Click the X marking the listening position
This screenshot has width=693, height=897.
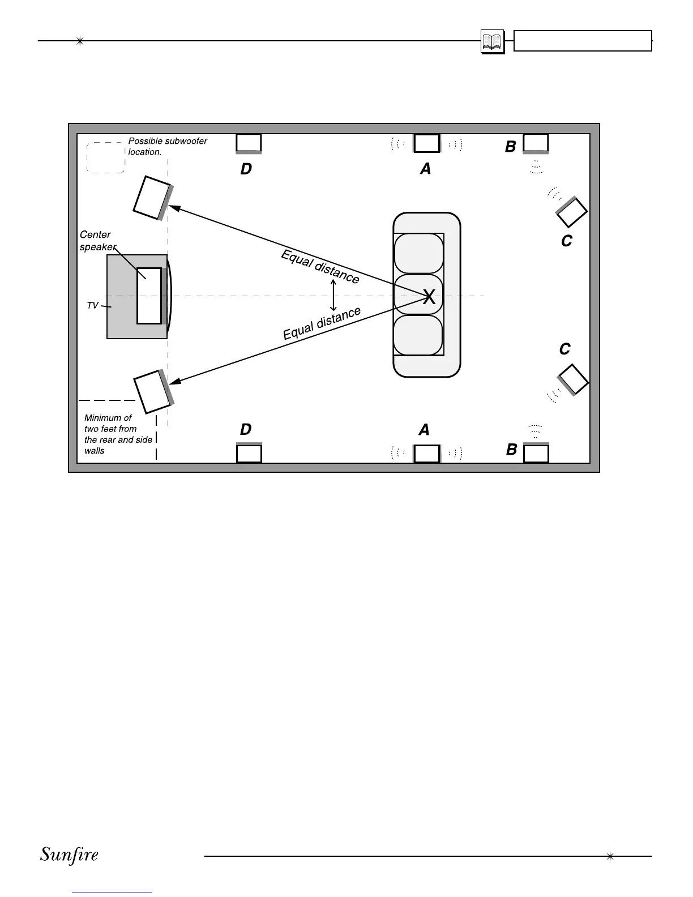click(429, 296)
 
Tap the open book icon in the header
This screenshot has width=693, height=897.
click(492, 42)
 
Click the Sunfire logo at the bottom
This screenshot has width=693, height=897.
click(69, 855)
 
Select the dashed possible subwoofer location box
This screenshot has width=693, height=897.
click(105, 157)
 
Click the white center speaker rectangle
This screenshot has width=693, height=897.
click(149, 296)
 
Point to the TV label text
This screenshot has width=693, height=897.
click(92, 305)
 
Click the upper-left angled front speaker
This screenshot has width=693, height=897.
click(152, 198)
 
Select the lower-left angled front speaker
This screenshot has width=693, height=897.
click(152, 391)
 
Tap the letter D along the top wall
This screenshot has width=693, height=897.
click(246, 169)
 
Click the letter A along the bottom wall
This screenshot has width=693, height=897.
click(424, 430)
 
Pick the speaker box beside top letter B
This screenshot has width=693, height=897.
click(536, 143)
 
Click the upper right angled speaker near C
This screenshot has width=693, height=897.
click(572, 212)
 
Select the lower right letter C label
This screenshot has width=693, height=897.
click(564, 349)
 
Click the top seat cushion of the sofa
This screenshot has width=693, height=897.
click(418, 253)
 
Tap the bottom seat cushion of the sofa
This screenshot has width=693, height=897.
click(418, 335)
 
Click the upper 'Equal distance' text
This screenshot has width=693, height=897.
click(320, 267)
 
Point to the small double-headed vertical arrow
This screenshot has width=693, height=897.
click(333, 294)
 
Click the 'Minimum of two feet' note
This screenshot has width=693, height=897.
click(118, 434)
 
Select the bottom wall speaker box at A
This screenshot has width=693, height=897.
click(427, 454)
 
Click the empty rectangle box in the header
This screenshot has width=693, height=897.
click(583, 41)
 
